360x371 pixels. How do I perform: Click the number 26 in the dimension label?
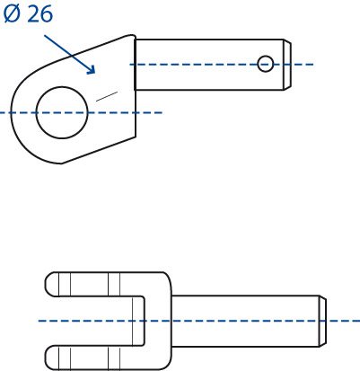(x=40, y=14)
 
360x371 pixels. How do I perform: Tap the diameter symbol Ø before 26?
(x=13, y=14)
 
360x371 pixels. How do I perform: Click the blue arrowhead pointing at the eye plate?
(x=91, y=69)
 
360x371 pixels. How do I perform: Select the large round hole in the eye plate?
(x=62, y=112)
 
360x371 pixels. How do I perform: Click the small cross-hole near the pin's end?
(x=266, y=64)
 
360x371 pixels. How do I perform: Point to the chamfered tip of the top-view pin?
(x=287, y=65)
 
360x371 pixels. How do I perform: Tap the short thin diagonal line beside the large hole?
(x=107, y=96)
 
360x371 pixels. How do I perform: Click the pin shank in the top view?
(x=209, y=65)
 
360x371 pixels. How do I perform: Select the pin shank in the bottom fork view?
(x=245, y=321)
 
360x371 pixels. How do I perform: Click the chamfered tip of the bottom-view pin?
(x=322, y=321)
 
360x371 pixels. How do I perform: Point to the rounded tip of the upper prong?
(x=51, y=284)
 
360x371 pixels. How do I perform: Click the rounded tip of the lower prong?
(x=51, y=358)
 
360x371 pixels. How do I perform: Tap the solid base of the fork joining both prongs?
(x=158, y=321)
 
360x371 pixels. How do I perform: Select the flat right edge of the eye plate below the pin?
(x=136, y=113)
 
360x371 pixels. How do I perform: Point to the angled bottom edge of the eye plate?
(x=99, y=150)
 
